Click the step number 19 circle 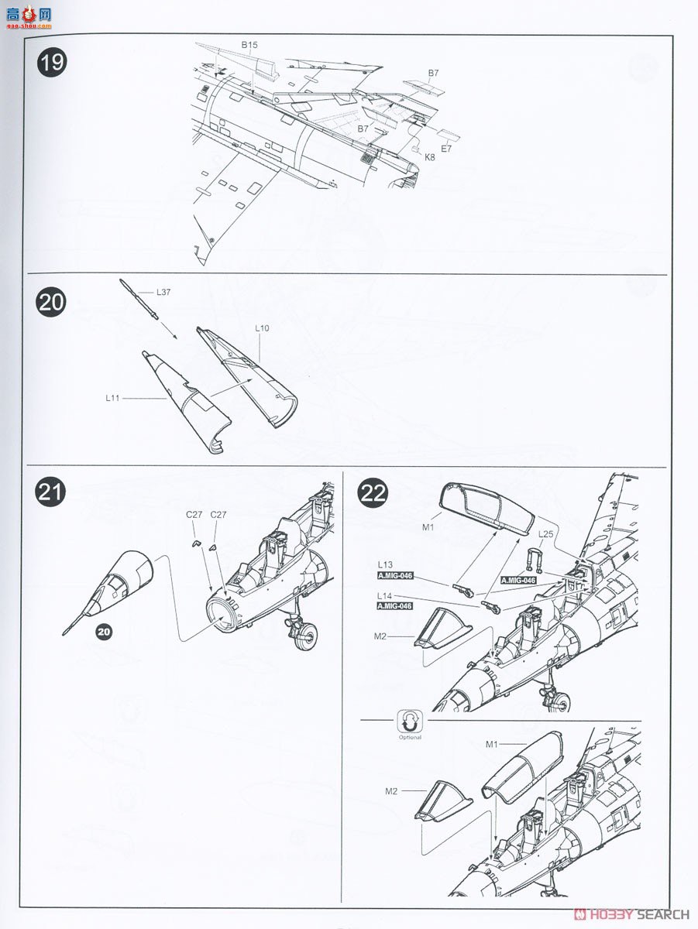click(51, 62)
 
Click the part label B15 click(249, 46)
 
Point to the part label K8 click(429, 156)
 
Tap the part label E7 click(446, 149)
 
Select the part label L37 click(163, 292)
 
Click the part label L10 click(262, 328)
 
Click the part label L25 click(546, 534)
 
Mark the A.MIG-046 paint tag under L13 click(395, 576)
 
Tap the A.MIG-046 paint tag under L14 click(395, 606)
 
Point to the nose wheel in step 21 click(304, 637)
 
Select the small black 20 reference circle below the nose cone click(104, 632)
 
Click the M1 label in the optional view click(491, 744)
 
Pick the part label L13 click(386, 565)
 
